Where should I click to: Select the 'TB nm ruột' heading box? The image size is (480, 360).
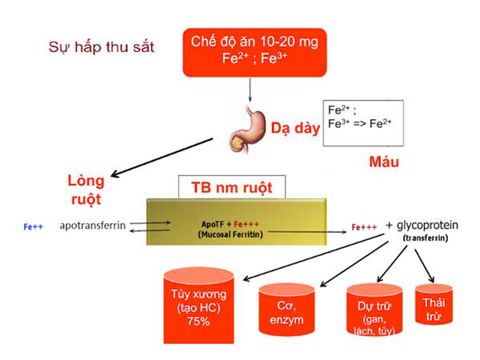tap(231, 188)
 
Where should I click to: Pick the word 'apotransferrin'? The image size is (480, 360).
tap(93, 226)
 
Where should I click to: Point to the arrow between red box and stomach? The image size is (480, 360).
tap(249, 94)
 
